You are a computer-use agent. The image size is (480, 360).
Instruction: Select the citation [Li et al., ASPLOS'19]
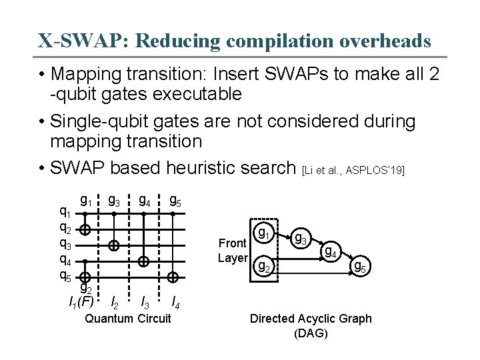(x=353, y=171)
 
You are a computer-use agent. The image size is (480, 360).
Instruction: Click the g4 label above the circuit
(x=144, y=200)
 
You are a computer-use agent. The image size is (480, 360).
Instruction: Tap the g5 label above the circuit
(x=175, y=200)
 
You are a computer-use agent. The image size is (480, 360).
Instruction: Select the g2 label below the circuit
(x=86, y=288)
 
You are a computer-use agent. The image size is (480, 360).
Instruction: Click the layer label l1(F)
(x=81, y=303)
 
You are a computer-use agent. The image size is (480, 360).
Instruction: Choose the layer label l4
(x=175, y=303)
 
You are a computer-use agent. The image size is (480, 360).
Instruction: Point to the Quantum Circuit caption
(x=128, y=319)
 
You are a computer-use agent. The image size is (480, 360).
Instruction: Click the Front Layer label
(x=233, y=251)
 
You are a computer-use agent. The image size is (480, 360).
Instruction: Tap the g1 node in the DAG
(x=265, y=234)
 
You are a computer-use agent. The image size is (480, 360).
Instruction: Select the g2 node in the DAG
(x=265, y=267)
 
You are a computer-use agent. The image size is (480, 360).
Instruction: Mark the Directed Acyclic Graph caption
(x=311, y=325)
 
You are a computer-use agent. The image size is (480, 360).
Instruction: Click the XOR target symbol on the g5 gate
(x=173, y=277)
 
